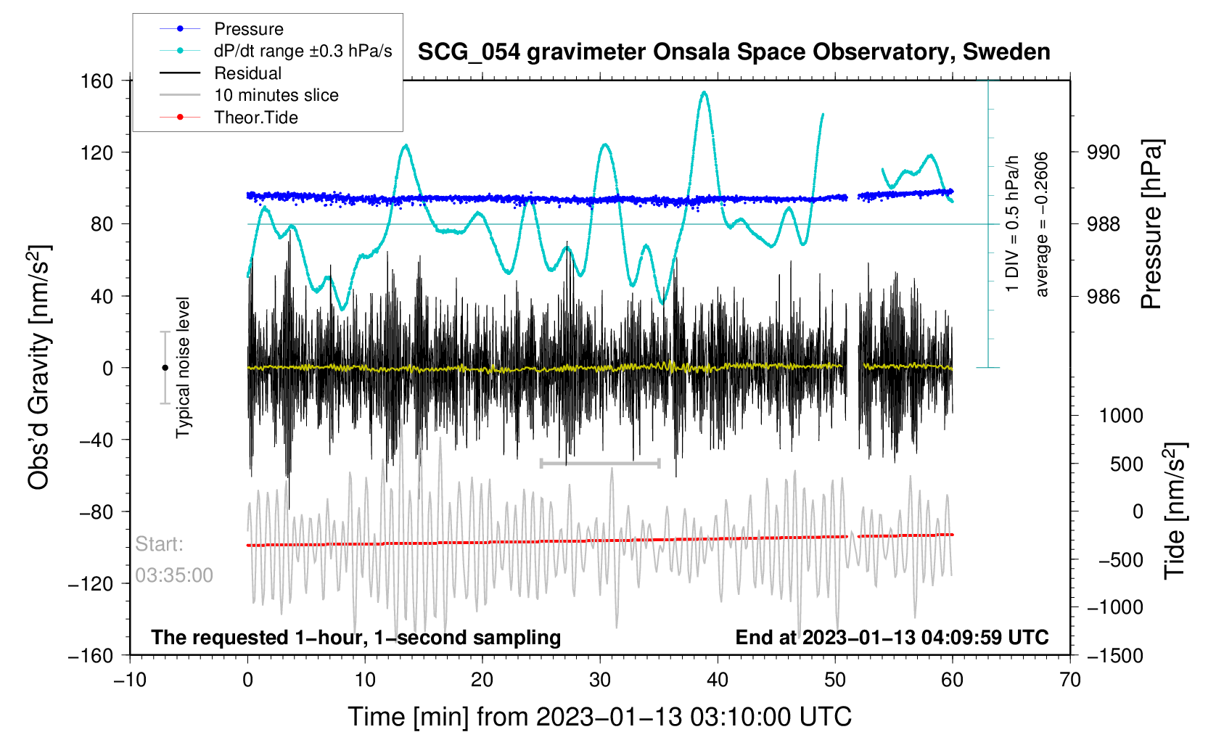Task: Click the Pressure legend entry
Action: click(248, 29)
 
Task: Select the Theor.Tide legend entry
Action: click(255, 118)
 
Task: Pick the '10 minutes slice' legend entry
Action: click(276, 95)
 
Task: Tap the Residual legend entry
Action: click(247, 73)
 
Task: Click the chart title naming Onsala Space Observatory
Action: click(734, 52)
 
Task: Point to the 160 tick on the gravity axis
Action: click(97, 81)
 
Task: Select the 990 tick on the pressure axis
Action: click(1104, 152)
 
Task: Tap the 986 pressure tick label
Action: click(1104, 296)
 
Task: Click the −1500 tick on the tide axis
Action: click(1114, 656)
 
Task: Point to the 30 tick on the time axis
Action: click(600, 680)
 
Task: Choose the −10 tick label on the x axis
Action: click(130, 680)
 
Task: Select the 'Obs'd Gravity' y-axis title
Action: click(39, 367)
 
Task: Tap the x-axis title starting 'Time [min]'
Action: click(599, 717)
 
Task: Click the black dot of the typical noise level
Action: click(165, 368)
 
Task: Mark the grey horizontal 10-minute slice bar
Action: click(600, 463)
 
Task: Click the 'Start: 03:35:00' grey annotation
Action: click(173, 559)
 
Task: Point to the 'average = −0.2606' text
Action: click(1042, 224)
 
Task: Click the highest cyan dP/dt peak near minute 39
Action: click(703, 93)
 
